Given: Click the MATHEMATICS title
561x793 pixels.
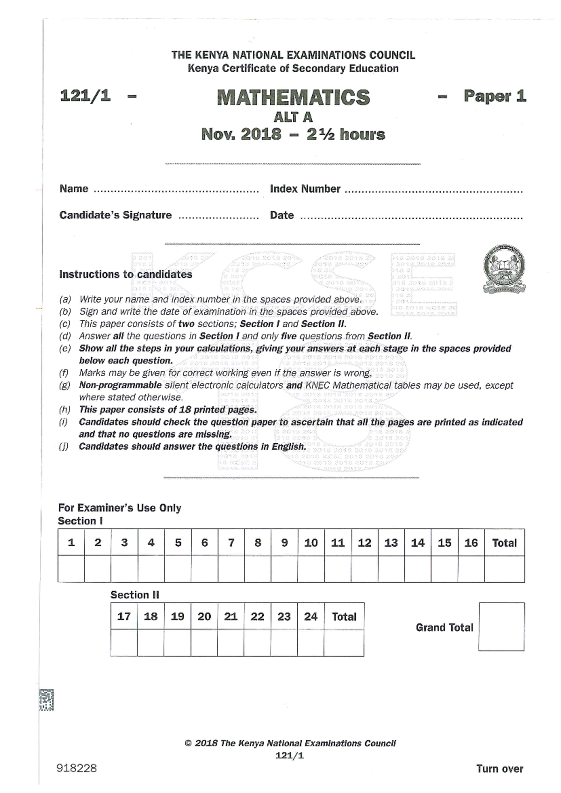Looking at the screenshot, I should pos(293,97).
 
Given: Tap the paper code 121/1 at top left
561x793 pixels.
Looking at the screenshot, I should pos(86,96).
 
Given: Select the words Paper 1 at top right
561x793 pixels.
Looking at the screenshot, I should pos(495,96).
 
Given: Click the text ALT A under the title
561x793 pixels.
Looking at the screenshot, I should pos(293,117).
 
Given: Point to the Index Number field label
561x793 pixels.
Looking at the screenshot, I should pos(305,189).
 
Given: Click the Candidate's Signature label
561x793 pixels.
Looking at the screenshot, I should pos(115,215).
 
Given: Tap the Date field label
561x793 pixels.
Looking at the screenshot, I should pos(282,216).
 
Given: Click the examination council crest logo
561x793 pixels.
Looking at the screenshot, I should pos(504,269).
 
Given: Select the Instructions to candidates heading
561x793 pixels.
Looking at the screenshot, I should pos(125,274).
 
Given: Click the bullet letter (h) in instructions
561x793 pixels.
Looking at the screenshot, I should pos(65,410).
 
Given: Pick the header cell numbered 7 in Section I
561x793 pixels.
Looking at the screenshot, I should pos(231,543).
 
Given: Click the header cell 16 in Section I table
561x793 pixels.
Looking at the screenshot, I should pos(471,543).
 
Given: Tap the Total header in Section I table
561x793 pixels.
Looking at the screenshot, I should pos(504,543).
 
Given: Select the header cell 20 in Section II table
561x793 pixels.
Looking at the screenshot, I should pos(204,617).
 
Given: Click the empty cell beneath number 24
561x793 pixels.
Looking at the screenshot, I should pos(310,643).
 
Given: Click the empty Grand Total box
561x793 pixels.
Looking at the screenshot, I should pos(501,627).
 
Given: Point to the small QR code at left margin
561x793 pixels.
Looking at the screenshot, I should pos(46,700).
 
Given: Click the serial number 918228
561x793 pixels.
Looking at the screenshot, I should pos(77,768).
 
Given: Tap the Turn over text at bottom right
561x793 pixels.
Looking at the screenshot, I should pos(499,769).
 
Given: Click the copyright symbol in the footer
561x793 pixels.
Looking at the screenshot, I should pos(188,743).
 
